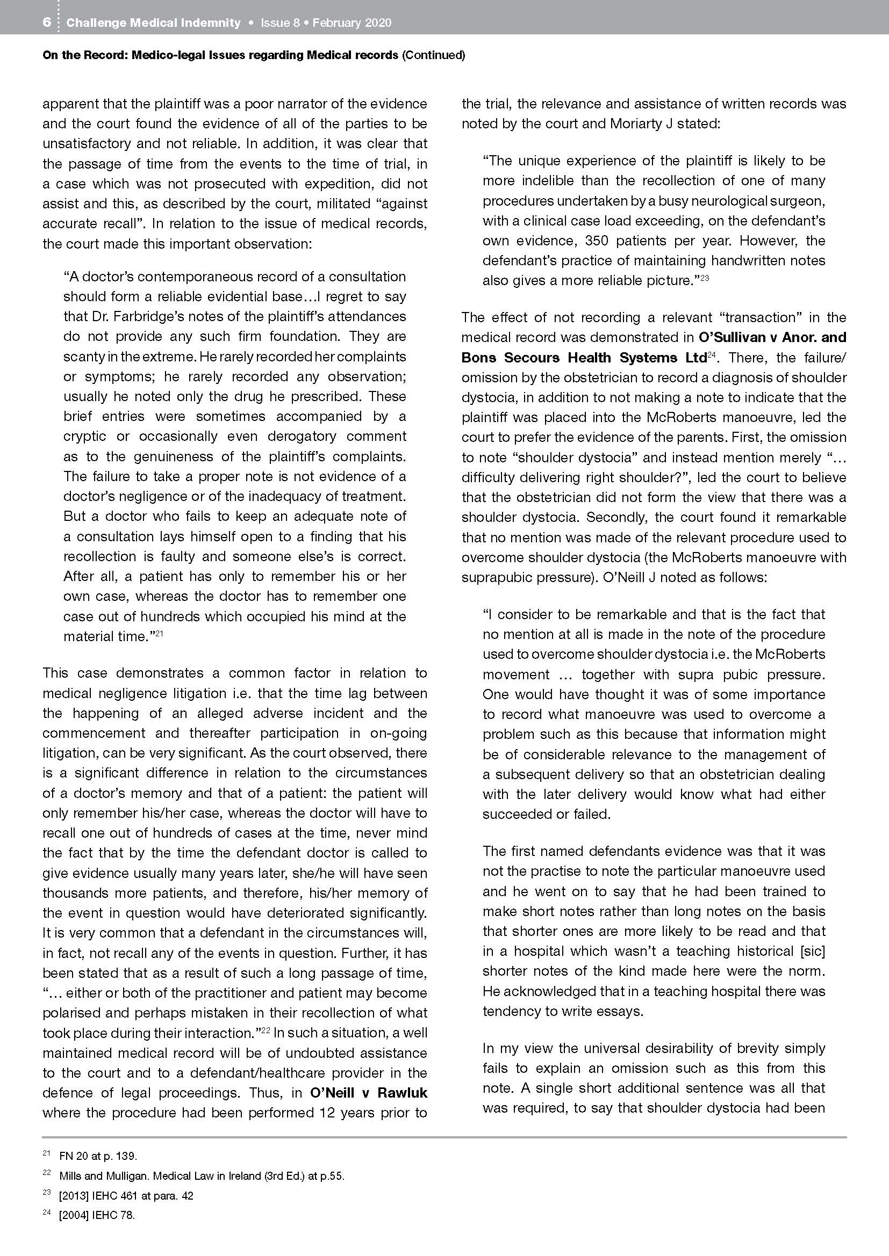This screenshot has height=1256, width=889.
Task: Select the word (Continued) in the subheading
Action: coord(433,55)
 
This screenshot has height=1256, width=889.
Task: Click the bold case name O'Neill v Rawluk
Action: coord(368,1092)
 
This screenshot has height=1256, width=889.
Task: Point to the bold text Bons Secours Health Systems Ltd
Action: coord(584,357)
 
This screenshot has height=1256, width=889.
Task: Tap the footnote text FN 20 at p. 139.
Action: coord(98,1156)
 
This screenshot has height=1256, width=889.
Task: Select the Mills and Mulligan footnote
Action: coord(202,1175)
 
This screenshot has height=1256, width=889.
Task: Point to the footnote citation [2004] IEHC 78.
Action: coord(97,1216)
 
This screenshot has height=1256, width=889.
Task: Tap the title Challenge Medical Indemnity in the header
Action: coord(153,23)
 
